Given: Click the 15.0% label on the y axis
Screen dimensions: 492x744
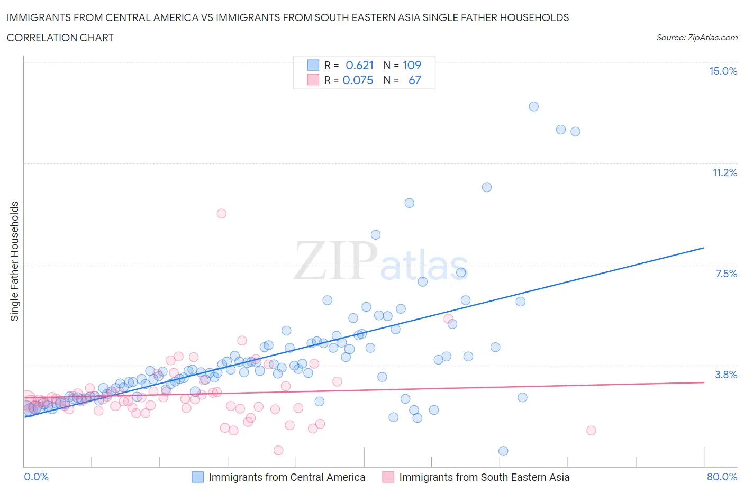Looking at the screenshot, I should (723, 71).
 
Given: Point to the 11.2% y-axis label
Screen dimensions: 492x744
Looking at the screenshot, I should (724, 172).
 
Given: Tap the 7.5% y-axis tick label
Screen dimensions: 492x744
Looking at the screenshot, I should (726, 274).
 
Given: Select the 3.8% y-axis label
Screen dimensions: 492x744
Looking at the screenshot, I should (726, 375).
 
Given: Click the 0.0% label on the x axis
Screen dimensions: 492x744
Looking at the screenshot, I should (36, 477).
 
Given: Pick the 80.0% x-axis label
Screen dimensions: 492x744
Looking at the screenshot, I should (722, 477).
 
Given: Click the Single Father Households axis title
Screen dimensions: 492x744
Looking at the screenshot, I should (15, 261).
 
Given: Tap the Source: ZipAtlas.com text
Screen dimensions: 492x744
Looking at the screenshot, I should (696, 38).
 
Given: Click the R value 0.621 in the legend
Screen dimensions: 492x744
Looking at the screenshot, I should (359, 65).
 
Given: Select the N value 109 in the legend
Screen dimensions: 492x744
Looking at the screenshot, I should (412, 65).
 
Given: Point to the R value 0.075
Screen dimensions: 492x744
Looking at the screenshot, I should (358, 80).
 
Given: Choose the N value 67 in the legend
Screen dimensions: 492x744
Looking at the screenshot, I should (415, 80).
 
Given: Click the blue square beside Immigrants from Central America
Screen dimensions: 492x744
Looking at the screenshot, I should (197, 477).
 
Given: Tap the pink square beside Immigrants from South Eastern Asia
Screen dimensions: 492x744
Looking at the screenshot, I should (388, 477).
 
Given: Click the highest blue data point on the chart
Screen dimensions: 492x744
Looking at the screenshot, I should (533, 106).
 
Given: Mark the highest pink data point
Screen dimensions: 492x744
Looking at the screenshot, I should (222, 214).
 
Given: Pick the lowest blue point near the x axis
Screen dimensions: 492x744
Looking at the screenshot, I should (503, 451).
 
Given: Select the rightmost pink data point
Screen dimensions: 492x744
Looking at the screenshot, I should (591, 430).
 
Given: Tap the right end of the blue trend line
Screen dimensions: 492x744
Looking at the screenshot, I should (704, 248).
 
